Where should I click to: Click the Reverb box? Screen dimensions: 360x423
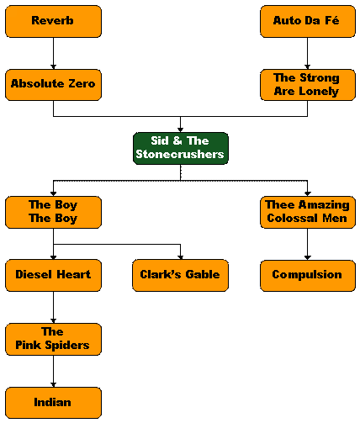53,21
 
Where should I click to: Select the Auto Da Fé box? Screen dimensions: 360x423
308,21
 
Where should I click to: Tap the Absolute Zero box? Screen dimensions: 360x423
53,85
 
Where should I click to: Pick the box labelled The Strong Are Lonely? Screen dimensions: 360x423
308,85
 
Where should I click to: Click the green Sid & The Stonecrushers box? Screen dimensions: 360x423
181,148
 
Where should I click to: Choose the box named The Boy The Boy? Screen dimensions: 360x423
53,212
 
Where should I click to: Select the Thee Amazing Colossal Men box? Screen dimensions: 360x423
308,212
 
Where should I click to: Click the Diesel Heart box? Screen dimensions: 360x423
53,276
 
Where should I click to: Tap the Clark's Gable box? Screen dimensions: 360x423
181,276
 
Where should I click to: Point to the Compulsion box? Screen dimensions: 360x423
308,276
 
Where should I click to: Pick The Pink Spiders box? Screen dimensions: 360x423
53,339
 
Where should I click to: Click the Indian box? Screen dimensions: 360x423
53,403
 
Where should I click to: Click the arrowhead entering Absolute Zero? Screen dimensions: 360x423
53,67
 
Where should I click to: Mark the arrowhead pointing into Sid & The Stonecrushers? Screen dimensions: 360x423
181,130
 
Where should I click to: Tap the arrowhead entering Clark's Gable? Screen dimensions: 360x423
181,257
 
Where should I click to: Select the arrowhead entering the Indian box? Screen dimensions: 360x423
53,385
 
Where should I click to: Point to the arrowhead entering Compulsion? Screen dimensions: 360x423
308,257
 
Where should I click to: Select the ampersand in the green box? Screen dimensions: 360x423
177,140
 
